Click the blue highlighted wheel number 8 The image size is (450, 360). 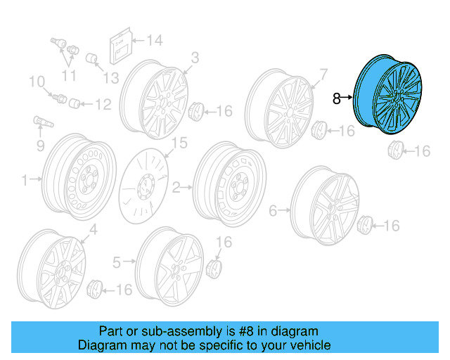click(392, 94)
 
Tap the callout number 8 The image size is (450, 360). click(336, 99)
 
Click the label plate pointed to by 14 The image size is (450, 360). click(119, 48)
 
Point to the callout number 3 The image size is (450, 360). click(195, 57)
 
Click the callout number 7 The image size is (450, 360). click(323, 72)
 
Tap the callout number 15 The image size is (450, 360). click(179, 143)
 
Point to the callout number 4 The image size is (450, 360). click(93, 229)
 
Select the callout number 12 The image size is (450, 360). click(103, 105)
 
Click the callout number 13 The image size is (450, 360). click(112, 77)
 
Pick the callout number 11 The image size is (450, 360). click(69, 76)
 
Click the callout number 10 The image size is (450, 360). click(37, 83)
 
